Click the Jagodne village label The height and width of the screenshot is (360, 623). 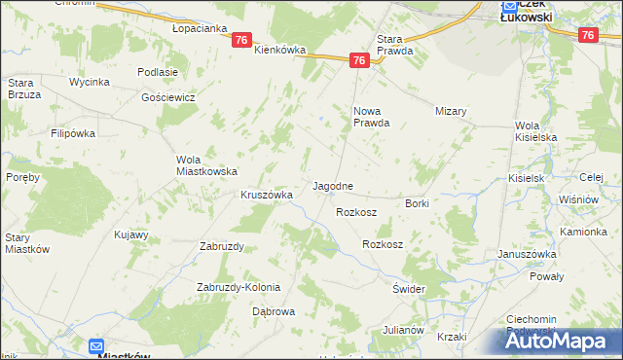[332, 185]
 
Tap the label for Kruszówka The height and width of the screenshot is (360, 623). [267, 195]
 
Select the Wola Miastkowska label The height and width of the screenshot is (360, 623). [206, 165]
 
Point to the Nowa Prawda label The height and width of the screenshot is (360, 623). [371, 117]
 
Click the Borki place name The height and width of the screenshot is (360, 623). [417, 203]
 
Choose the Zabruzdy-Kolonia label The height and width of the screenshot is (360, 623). [238, 287]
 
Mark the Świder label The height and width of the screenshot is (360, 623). [410, 290]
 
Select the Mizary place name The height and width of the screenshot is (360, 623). [452, 111]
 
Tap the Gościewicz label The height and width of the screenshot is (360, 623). [168, 97]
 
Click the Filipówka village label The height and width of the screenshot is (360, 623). [72, 132]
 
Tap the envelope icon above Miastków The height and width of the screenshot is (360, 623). [96, 345]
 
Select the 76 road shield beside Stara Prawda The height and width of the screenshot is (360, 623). [359, 60]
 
